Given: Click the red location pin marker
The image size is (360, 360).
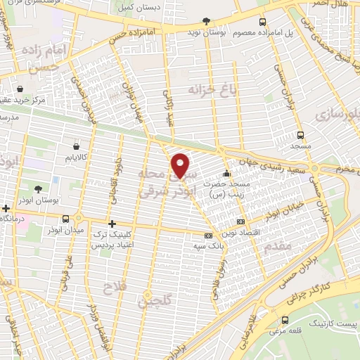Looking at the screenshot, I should [181, 165].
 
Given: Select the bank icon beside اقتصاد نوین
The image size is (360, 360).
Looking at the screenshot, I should [241, 221].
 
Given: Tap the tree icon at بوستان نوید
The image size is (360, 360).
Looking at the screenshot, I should [205, 22].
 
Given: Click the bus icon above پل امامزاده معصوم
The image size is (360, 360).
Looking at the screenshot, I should [262, 22].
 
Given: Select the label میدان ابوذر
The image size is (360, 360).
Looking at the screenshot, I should [65, 231].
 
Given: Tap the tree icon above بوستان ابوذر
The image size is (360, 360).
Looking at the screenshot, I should [37, 189].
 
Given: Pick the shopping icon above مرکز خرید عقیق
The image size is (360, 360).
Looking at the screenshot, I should [20, 89].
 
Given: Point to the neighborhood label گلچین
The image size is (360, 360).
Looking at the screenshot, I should [153, 302].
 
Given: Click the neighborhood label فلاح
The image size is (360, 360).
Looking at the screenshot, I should [112, 288].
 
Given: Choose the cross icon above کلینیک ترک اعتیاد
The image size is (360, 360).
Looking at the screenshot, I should [112, 223].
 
